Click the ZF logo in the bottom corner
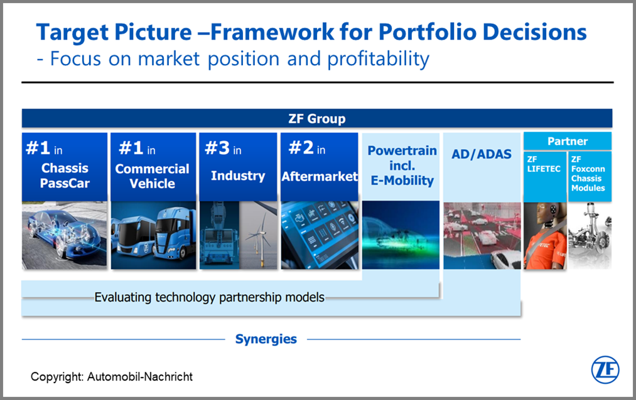[605, 370]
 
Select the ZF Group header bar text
[317, 118]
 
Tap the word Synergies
[266, 339]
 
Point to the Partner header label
[568, 141]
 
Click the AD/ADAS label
[482, 154]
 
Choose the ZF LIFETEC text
[544, 164]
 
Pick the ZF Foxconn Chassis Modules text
[588, 174]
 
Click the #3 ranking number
[217, 148]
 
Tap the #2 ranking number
[301, 148]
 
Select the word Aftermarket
[320, 177]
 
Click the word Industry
[238, 176]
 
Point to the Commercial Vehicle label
[152, 176]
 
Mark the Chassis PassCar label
[65, 176]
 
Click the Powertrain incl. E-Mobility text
[402, 166]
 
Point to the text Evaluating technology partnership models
[209, 298]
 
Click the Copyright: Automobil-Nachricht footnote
[112, 377]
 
